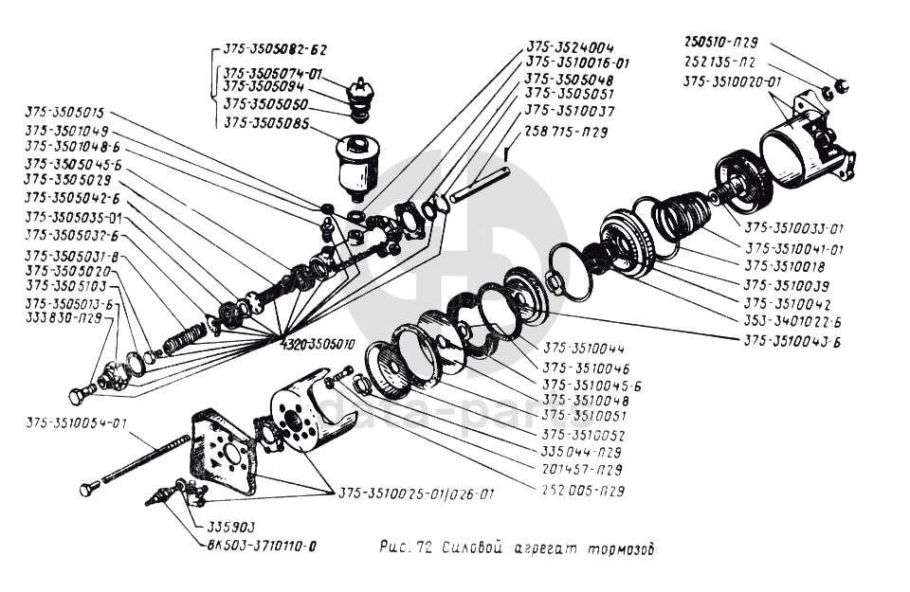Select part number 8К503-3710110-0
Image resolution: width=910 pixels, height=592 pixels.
258,546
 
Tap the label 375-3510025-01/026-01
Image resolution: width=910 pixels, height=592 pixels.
415,494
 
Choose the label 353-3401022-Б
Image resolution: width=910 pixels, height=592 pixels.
792,322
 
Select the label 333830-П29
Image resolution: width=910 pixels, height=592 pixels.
64,319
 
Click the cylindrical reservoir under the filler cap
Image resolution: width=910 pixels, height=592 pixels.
357,167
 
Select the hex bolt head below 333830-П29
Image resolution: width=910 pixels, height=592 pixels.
78,396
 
